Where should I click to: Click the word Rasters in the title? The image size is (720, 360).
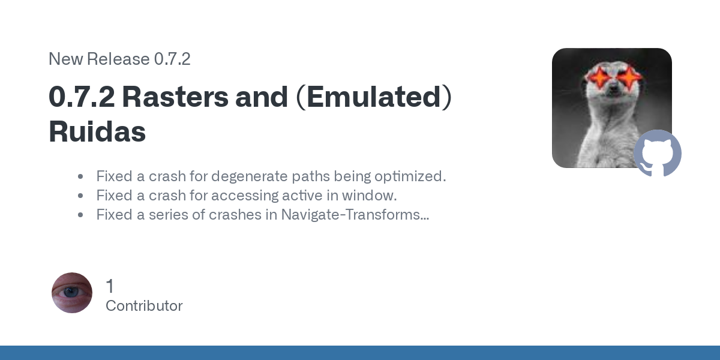pyautogui.click(x=175, y=97)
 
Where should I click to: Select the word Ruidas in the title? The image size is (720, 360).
pyautogui.click(x=97, y=131)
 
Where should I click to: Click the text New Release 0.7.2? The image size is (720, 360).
pyautogui.click(x=119, y=59)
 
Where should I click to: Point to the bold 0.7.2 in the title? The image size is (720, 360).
pyautogui.click(x=82, y=97)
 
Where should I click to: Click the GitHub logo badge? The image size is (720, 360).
pyautogui.click(x=658, y=154)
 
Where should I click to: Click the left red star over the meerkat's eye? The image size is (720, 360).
pyautogui.click(x=599, y=77)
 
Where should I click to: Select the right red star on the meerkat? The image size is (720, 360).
pyautogui.click(x=629, y=77)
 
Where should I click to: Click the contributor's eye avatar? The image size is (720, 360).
pyautogui.click(x=72, y=293)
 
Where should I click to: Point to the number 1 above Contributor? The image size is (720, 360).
pyautogui.click(x=110, y=286)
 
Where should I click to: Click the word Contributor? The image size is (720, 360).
pyautogui.click(x=144, y=305)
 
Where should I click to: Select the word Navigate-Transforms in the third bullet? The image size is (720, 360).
pyautogui.click(x=355, y=215)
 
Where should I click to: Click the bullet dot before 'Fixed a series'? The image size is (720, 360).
pyautogui.click(x=80, y=215)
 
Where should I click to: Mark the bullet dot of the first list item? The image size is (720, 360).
pyautogui.click(x=80, y=176)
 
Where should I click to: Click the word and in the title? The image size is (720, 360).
pyautogui.click(x=262, y=97)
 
